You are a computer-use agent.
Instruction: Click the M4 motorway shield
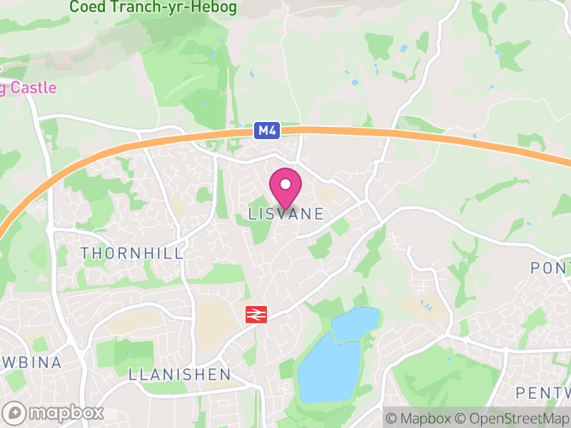[x=266, y=131]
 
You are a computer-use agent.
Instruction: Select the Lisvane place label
[x=286, y=214]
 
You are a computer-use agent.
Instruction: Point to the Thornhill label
[x=132, y=253]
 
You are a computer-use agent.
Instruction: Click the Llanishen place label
[x=180, y=374]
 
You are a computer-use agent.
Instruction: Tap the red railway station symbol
[x=255, y=315]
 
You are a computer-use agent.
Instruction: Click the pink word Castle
[x=34, y=88]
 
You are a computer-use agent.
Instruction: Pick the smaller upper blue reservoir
[x=354, y=323]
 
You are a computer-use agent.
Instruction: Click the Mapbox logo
[x=54, y=412]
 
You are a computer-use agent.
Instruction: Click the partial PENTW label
[x=544, y=393]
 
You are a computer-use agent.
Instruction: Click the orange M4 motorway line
[x=428, y=136]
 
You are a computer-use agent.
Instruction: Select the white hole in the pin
[x=285, y=184]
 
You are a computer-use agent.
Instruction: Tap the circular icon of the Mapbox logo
[x=14, y=412]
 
